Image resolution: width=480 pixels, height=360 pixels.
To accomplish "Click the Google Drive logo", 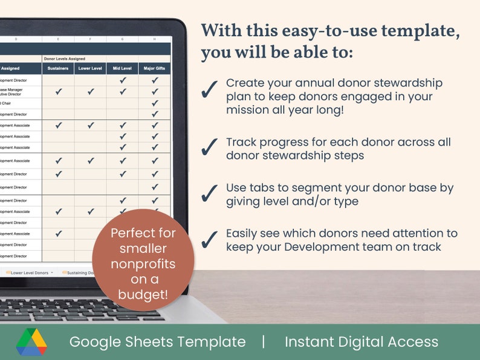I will [x=31, y=342].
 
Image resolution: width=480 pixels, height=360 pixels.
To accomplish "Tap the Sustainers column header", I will [x=58, y=68].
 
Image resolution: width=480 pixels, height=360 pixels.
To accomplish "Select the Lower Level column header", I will [x=90, y=68].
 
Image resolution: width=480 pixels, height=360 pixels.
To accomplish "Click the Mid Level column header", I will [x=123, y=68].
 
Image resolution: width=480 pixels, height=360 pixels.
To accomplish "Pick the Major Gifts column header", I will [x=155, y=68].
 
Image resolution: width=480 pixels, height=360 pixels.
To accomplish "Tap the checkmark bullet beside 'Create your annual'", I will [x=209, y=89].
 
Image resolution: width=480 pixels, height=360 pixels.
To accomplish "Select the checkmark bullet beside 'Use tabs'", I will [x=209, y=192].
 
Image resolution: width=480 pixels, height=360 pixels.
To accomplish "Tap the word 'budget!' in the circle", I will [x=143, y=294].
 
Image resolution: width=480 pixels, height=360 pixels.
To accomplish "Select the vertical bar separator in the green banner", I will [x=264, y=342].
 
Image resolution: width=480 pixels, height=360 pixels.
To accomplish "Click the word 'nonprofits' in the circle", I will [x=143, y=264].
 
